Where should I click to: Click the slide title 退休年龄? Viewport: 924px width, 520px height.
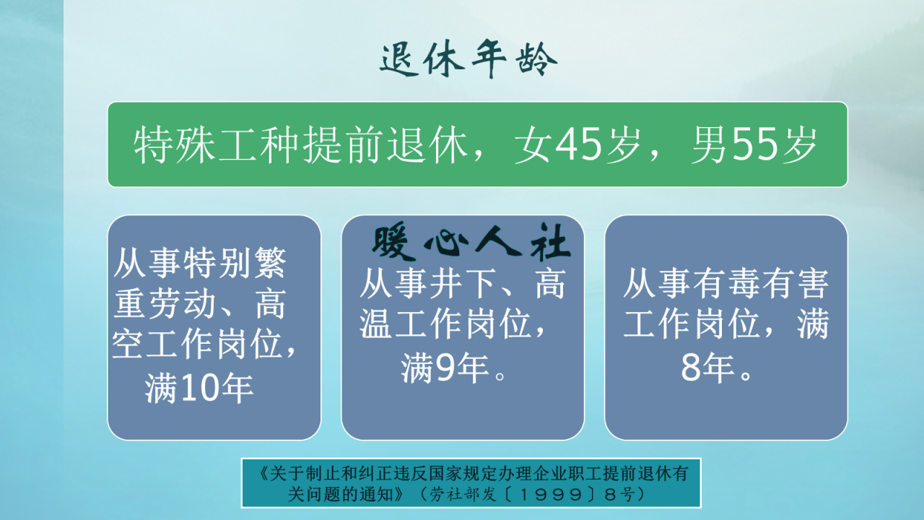coord(468,60)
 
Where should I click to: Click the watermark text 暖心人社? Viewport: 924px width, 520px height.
coord(471,245)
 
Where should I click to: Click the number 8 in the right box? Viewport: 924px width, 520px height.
coord(690,369)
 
